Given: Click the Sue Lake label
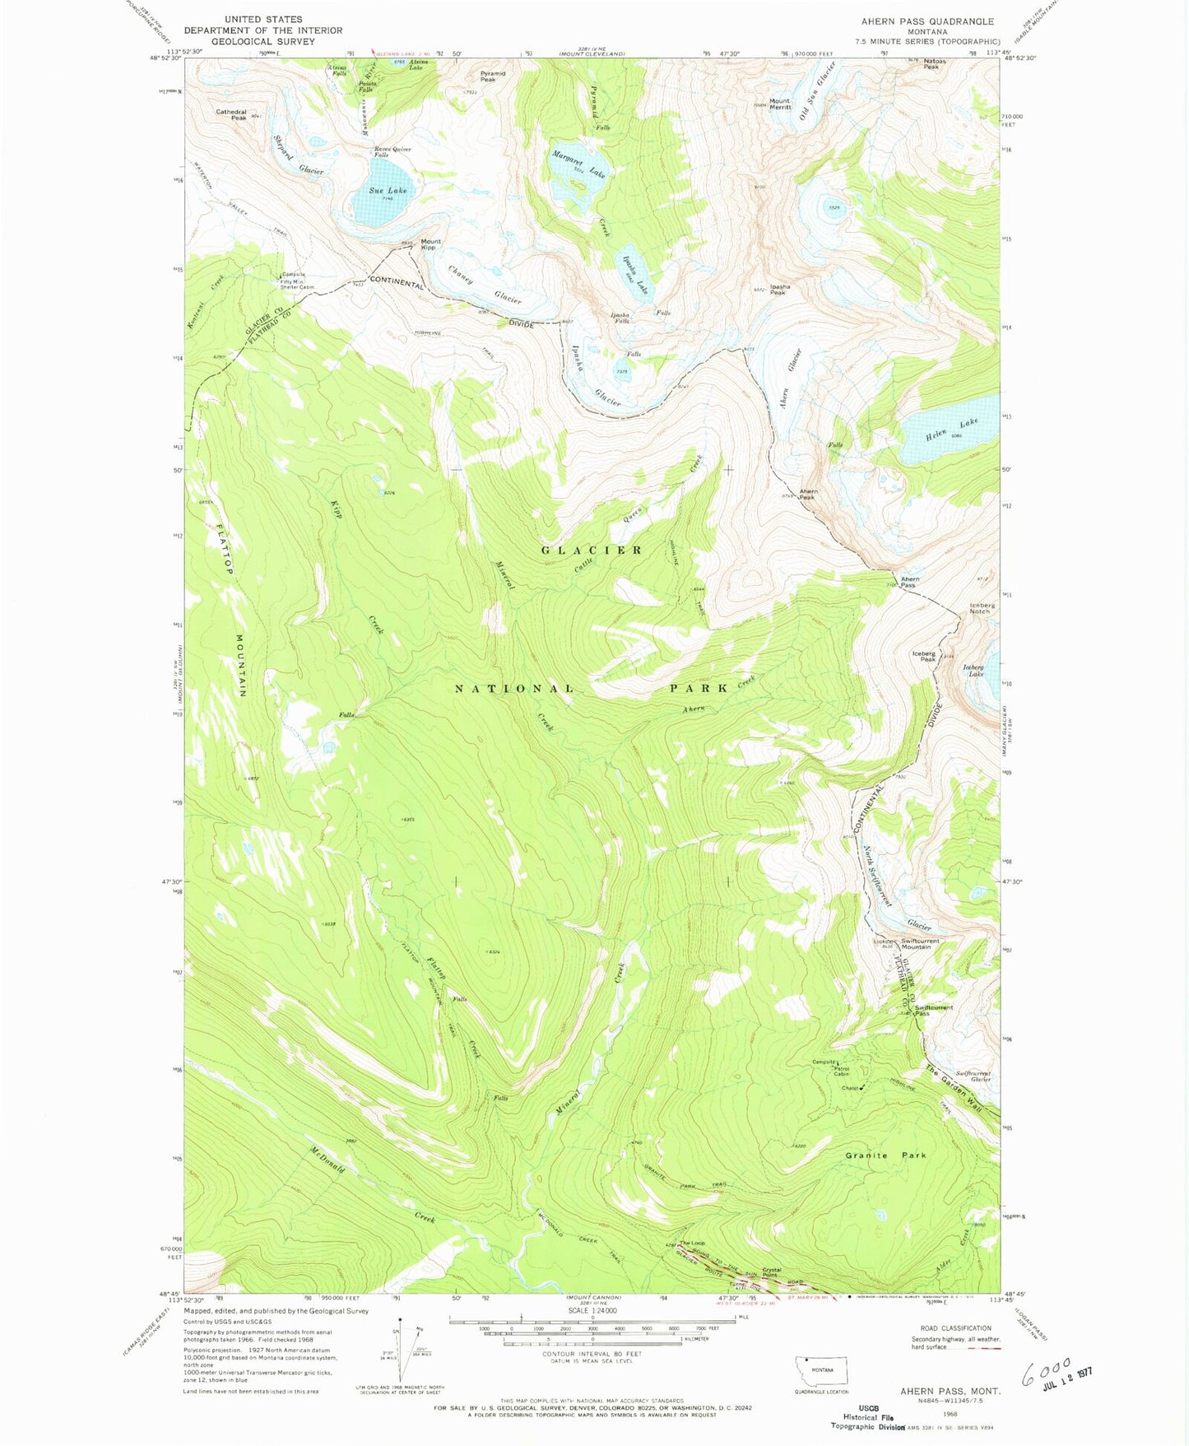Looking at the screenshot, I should click(388, 190).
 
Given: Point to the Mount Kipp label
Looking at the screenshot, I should click(430, 245).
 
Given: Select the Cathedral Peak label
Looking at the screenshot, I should click(231, 114).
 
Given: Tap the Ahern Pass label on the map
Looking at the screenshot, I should click(909, 582).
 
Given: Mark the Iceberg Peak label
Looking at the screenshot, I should click(923, 657).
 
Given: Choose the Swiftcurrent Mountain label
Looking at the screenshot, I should click(920, 943).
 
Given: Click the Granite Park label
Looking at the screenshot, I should click(885, 1155).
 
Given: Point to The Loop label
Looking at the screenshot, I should click(691, 1243).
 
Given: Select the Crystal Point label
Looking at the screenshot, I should click(770, 1272).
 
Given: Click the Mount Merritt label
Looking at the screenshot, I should click(779, 105).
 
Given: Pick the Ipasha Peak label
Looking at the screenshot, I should click(778, 290).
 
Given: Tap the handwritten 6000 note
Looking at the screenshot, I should click(1045, 1370).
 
